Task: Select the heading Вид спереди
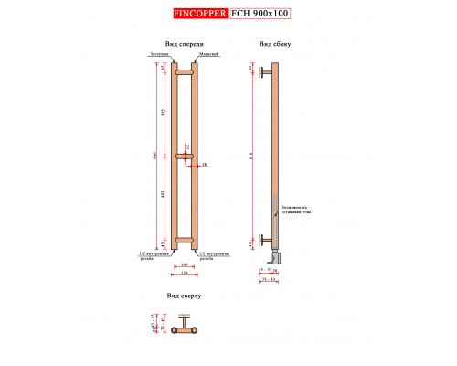184,44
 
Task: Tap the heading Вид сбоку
275,44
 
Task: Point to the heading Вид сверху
184,297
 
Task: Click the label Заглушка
160,55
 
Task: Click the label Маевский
208,55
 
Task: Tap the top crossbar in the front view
184,71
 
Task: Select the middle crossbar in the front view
184,156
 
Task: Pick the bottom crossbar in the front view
184,242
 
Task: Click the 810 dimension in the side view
252,156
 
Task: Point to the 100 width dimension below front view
184,265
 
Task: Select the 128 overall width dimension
184,274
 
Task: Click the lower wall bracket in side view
264,241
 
